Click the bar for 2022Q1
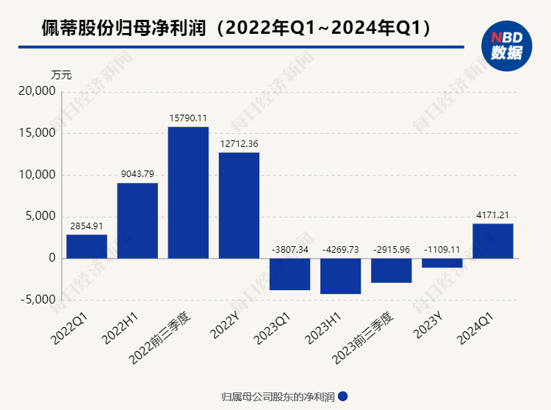pos(87,246)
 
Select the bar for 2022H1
pos(137,220)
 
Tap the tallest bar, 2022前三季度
pos(188,193)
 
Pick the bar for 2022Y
pos(239,205)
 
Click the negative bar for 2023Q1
pos(289,274)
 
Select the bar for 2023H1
pos(340,276)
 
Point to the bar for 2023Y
pos(442,263)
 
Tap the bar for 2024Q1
pos(492,241)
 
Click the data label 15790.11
pos(188,118)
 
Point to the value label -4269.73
pos(340,249)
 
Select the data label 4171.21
pos(492,215)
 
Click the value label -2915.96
pos(391,249)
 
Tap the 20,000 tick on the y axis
pos(36,92)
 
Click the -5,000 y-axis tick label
pos(36,300)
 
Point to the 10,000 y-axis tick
pos(36,175)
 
